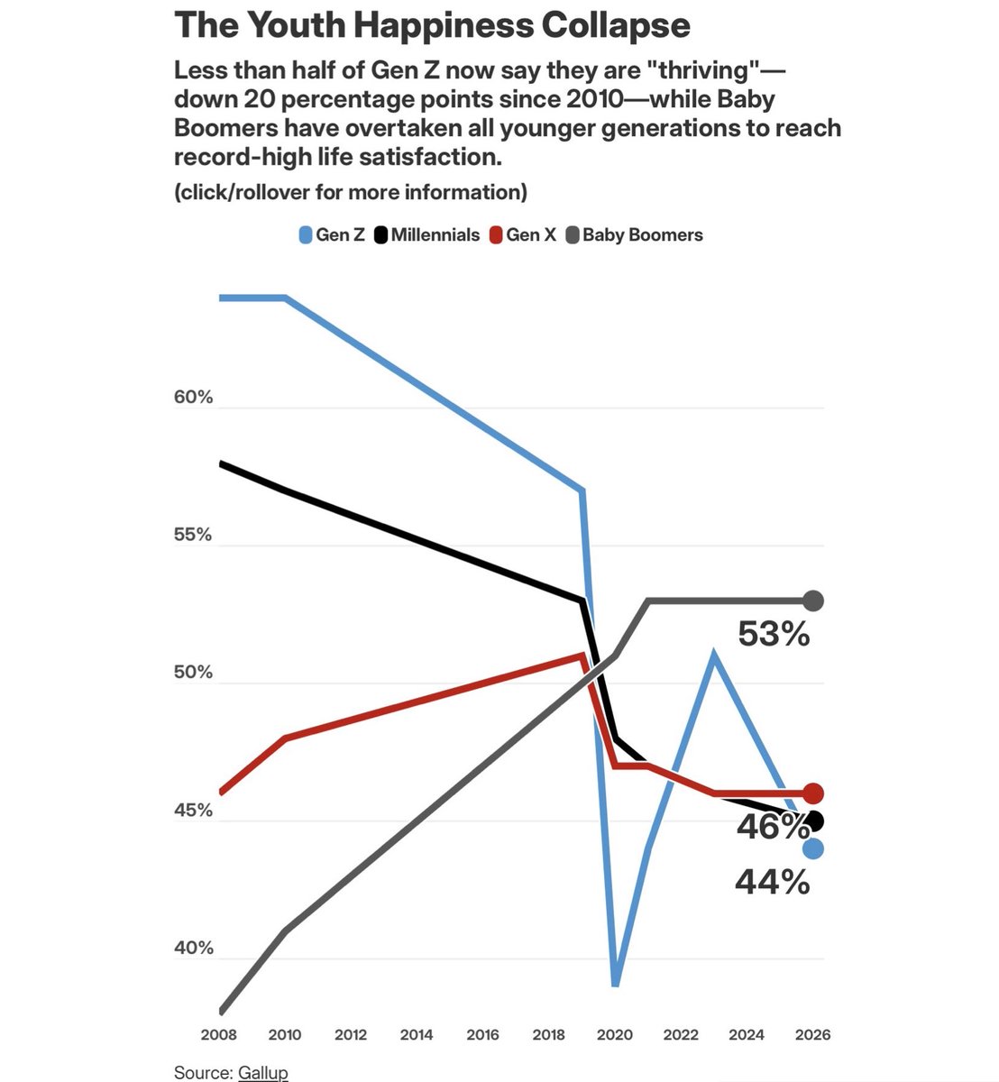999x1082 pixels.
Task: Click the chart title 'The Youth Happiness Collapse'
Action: coord(432,25)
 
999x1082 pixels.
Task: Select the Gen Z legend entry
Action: coord(332,234)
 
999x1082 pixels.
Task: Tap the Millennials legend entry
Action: coord(426,234)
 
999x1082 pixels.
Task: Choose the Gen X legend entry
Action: coord(523,234)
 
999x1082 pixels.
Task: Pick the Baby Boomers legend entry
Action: coord(634,234)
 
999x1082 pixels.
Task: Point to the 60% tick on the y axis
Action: coord(193,397)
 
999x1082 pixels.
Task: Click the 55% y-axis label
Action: coord(193,535)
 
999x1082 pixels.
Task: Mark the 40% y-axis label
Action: coord(194,948)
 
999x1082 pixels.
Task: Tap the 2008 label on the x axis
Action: coord(218,1034)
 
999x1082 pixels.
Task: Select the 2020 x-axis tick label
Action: coord(614,1034)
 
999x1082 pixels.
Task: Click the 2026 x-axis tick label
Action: coord(812,1034)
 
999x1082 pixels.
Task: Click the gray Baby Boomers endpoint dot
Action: coord(813,601)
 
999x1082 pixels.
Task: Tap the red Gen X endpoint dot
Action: coord(813,793)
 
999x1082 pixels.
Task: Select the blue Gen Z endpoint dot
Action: coord(813,848)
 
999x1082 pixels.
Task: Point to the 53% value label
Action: coord(774,634)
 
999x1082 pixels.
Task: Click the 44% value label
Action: coord(773,882)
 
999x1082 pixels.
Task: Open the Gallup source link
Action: coord(262,1072)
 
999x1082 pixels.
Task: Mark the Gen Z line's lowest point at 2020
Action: coord(615,984)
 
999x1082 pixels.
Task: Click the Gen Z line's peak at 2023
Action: coord(714,653)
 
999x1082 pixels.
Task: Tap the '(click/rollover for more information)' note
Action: coord(351,192)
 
